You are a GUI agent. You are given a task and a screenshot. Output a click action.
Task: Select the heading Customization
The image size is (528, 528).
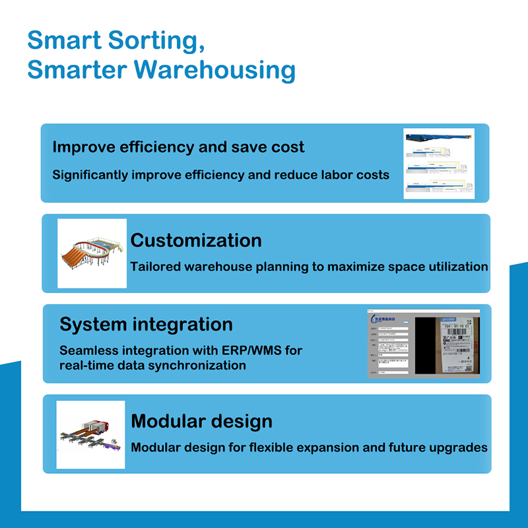[x=196, y=240]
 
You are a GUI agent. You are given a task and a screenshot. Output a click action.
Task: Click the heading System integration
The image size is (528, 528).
[x=146, y=324]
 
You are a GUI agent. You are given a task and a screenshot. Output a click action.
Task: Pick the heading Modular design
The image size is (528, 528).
[x=201, y=420]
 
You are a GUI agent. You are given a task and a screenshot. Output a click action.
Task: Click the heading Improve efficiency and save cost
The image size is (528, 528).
[x=178, y=147]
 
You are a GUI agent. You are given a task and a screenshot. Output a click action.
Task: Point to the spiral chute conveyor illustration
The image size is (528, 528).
[x=92, y=253]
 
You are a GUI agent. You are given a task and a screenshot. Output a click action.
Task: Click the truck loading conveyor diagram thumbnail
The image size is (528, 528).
[x=439, y=164]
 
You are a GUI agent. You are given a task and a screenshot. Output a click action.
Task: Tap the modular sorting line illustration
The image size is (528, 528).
[x=90, y=434]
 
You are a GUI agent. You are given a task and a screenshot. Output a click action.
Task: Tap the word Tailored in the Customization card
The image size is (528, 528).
[x=156, y=267]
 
